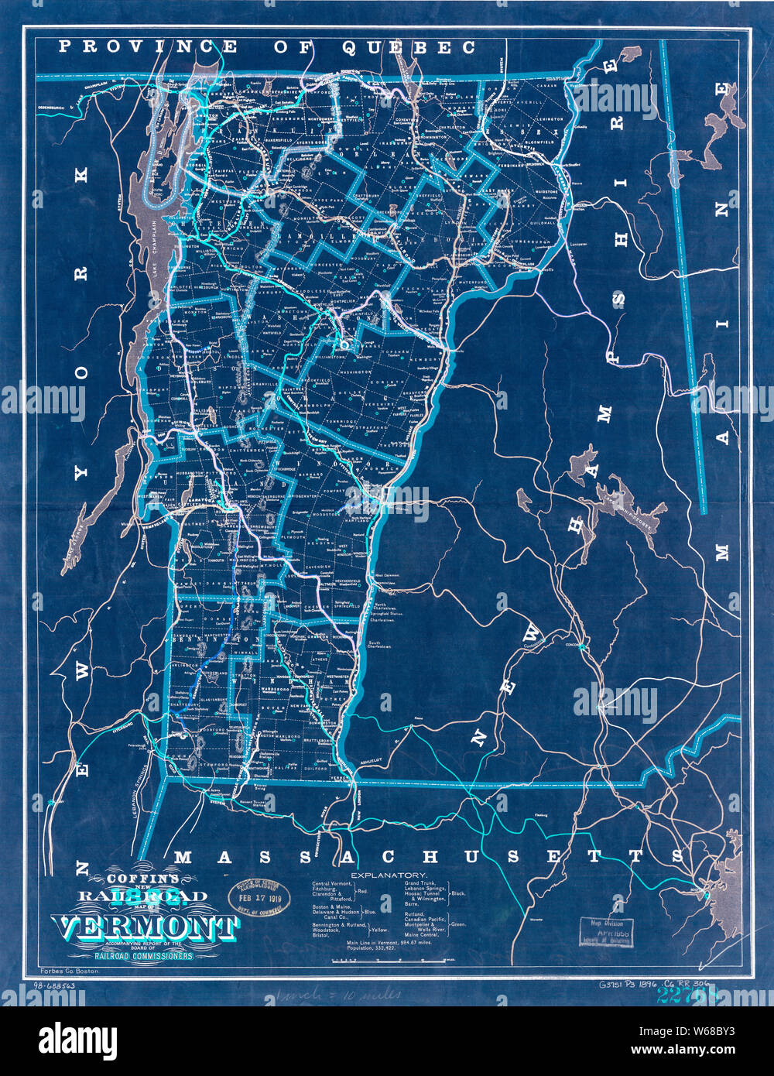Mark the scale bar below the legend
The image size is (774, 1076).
pyautogui.click(x=387, y=960)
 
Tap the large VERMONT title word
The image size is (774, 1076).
pyautogui.click(x=144, y=927)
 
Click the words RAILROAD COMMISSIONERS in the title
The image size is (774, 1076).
pyautogui.click(x=144, y=956)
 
